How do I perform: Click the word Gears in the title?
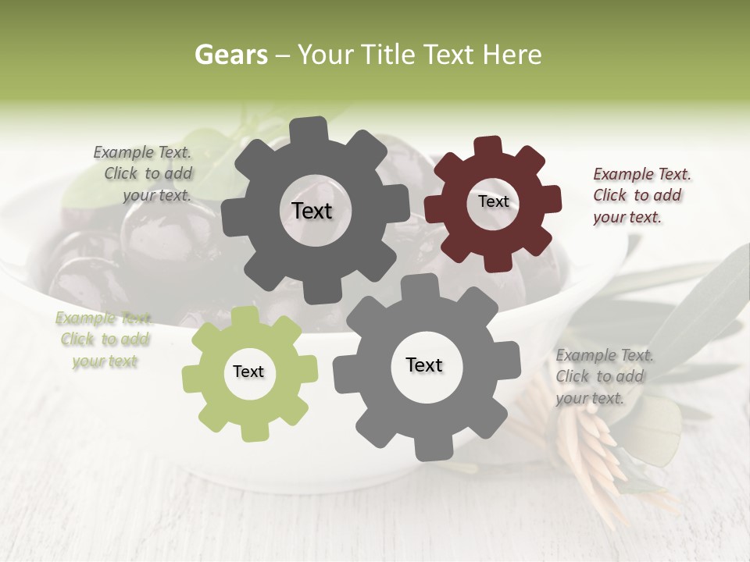[230, 55]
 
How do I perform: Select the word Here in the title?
[513, 55]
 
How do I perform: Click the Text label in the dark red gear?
[493, 201]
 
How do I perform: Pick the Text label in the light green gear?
[248, 372]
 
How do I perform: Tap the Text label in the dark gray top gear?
[312, 211]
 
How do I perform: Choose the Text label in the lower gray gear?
[424, 365]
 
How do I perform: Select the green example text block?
[103, 340]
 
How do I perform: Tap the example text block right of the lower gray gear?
[604, 377]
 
